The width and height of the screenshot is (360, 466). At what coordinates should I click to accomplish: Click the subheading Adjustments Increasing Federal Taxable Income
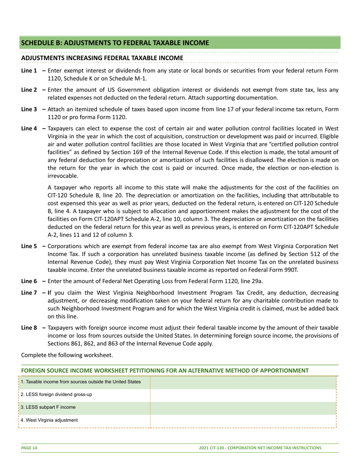coord(102,58)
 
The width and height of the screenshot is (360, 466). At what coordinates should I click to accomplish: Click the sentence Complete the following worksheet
coord(67,355)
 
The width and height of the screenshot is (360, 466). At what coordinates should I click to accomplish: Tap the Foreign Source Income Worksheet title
coord(165,370)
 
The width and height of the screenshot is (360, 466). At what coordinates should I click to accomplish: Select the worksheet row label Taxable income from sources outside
coord(81,382)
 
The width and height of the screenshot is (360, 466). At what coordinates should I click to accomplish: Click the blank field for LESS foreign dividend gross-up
coord(243,394)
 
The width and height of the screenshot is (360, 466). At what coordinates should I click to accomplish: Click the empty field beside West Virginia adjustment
coord(243,420)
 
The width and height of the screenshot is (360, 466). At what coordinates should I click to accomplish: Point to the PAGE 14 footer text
coord(29,448)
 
